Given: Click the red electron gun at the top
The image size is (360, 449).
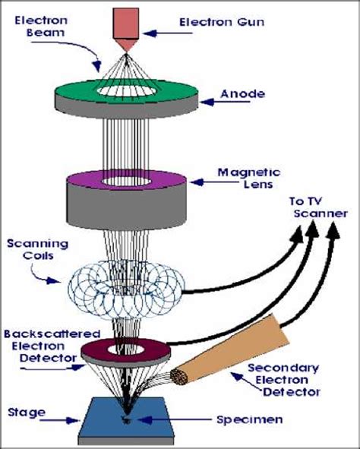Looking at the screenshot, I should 126,24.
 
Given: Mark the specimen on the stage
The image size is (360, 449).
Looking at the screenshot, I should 127,418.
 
